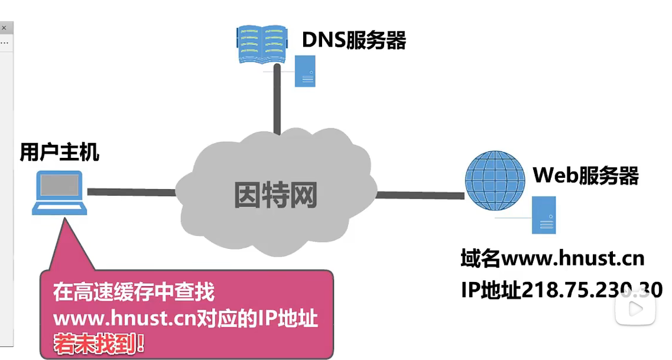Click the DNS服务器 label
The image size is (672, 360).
[x=353, y=40]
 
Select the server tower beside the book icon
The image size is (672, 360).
[x=305, y=71]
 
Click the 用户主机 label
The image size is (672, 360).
[x=59, y=153]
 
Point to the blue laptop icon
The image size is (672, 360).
[x=60, y=193]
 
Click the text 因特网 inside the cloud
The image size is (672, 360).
[x=275, y=194]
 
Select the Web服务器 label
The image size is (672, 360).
[x=585, y=176]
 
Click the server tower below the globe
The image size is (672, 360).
[x=544, y=215]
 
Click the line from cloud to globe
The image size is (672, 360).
[x=420, y=194]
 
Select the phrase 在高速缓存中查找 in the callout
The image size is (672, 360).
[x=134, y=292]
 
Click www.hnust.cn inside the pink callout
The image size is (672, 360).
[x=119, y=319]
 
